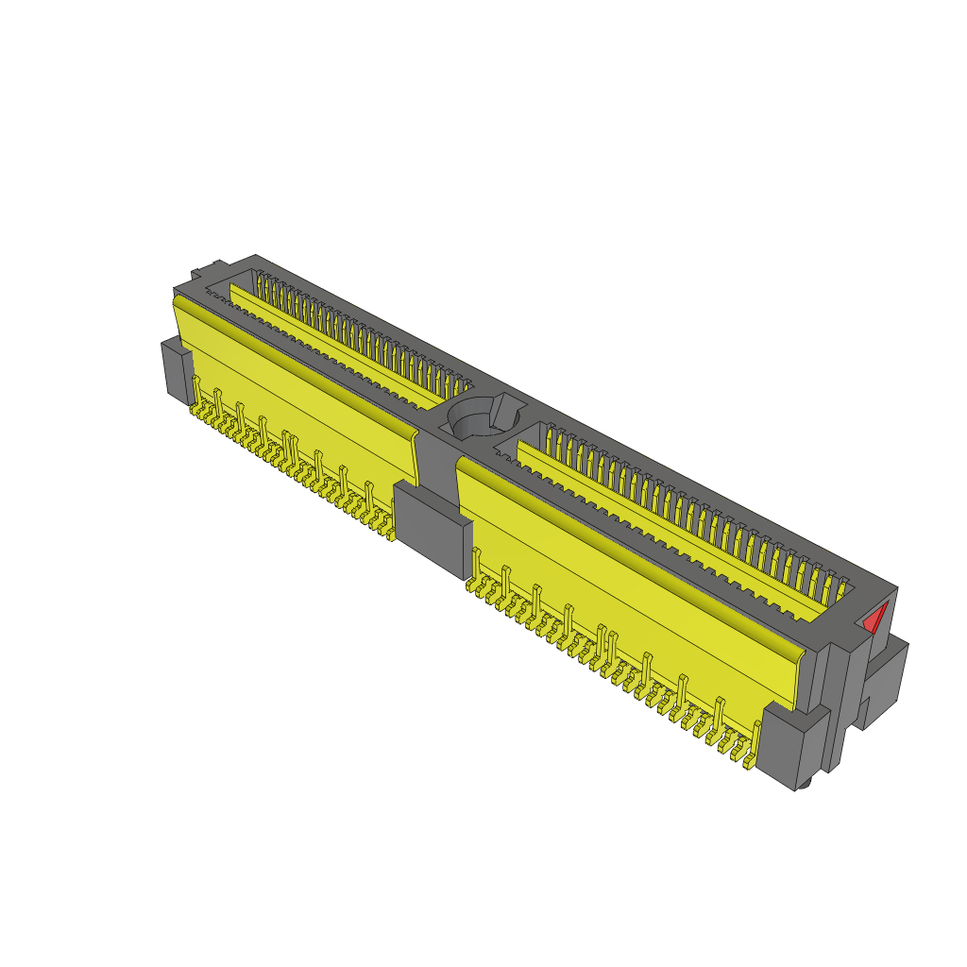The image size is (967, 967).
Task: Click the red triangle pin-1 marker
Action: point(875,619)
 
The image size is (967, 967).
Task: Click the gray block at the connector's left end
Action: point(176,371)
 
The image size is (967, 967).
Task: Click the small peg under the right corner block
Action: point(804,785)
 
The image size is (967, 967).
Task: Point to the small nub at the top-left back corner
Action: point(195,276)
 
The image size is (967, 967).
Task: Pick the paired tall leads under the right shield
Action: point(605,640)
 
